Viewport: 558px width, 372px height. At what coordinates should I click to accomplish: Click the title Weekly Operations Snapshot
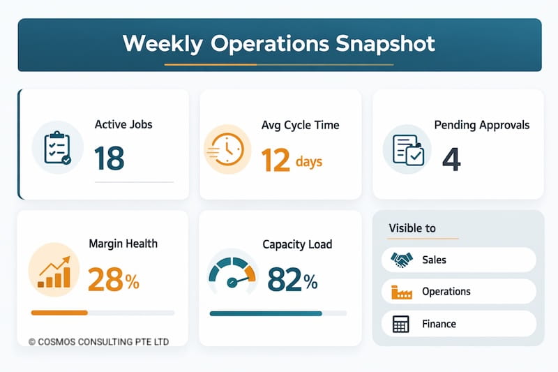(x=279, y=43)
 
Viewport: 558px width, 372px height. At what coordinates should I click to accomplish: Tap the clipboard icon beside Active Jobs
(x=57, y=148)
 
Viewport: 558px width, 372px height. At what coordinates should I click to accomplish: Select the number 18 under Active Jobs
(x=109, y=159)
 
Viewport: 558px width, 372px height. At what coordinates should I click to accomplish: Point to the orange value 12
(x=275, y=160)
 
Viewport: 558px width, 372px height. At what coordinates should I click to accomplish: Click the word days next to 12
(x=308, y=162)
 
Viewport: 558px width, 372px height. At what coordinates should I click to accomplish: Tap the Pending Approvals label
(x=481, y=125)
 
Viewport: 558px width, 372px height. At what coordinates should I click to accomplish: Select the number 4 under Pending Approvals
(x=451, y=159)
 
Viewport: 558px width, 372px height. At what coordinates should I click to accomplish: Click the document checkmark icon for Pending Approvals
(x=408, y=149)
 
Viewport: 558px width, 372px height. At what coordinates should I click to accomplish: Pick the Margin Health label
(x=123, y=244)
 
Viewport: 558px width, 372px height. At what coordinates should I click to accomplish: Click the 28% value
(x=113, y=280)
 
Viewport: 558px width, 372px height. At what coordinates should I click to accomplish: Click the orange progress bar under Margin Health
(x=59, y=313)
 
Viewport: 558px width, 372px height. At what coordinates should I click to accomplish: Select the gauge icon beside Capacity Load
(x=233, y=274)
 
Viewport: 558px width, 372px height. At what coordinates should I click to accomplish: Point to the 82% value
(x=292, y=280)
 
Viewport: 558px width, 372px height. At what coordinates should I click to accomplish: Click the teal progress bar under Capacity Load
(x=265, y=313)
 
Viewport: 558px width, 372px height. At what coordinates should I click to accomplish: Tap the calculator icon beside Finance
(x=401, y=324)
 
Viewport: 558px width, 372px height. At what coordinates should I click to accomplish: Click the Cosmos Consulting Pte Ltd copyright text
(x=98, y=342)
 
